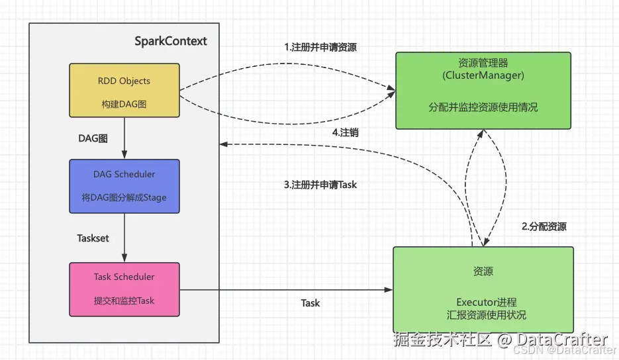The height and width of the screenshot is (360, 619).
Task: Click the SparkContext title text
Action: tap(171, 41)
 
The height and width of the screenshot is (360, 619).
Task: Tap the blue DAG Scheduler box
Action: tap(124, 186)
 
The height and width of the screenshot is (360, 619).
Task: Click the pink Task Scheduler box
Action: tap(124, 288)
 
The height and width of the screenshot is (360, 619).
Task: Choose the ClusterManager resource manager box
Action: tap(483, 90)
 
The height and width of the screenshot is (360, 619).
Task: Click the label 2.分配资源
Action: tap(544, 226)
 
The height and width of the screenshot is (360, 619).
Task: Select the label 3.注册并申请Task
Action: tap(320, 185)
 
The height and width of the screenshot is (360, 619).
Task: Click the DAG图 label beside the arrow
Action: tap(93, 138)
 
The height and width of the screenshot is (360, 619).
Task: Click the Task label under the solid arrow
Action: tap(310, 303)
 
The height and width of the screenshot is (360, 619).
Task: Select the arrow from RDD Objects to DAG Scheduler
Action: tap(124, 140)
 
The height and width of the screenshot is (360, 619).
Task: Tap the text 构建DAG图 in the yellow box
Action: tap(124, 105)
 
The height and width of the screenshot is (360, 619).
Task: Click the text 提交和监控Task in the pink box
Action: tap(124, 300)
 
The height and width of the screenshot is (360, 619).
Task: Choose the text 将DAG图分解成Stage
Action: tap(124, 199)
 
